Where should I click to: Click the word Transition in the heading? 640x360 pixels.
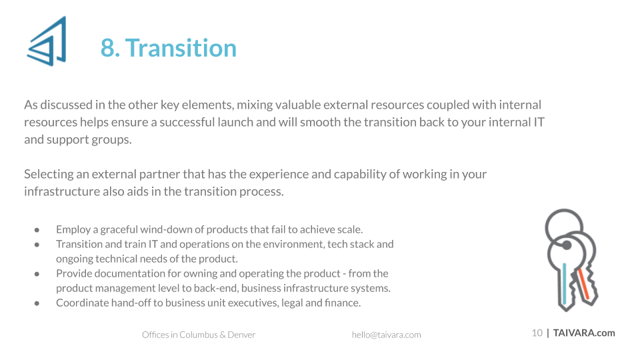pyautogui.click(x=181, y=48)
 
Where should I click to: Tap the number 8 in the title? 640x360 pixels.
pyautogui.click(x=107, y=48)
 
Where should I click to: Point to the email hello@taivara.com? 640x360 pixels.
pyautogui.click(x=386, y=335)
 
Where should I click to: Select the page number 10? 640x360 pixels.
pyautogui.click(x=537, y=333)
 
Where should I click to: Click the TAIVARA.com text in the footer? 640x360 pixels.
pyautogui.click(x=584, y=333)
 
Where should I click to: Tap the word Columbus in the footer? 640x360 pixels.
pyautogui.click(x=199, y=335)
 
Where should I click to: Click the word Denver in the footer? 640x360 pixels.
pyautogui.click(x=241, y=335)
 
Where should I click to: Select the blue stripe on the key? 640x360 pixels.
pyautogui.click(x=564, y=283)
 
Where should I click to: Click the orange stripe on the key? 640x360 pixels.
pyautogui.click(x=584, y=283)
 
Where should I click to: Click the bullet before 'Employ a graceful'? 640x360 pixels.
pyautogui.click(x=37, y=230)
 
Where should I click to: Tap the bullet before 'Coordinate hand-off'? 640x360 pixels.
pyautogui.click(x=37, y=303)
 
